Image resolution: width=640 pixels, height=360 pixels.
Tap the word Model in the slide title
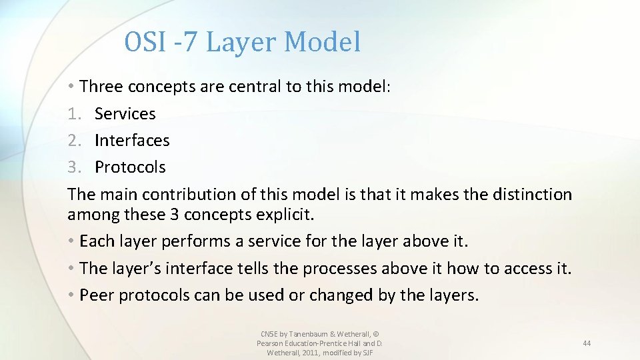pyautogui.click(x=322, y=42)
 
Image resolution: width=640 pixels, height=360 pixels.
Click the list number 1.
pyautogui.click(x=73, y=114)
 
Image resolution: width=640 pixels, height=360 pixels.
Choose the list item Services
pyautogui.click(x=125, y=114)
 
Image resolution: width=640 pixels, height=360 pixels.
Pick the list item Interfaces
pyautogui.click(x=132, y=141)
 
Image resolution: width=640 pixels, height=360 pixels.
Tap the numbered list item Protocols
pyautogui.click(x=130, y=167)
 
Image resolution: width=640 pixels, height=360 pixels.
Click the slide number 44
pyautogui.click(x=587, y=343)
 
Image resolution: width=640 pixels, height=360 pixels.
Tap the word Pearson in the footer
pyautogui.click(x=271, y=343)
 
